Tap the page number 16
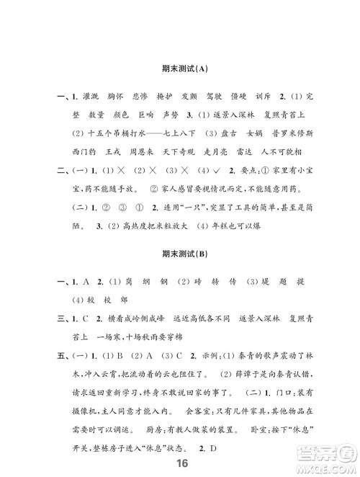coord(180,463)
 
